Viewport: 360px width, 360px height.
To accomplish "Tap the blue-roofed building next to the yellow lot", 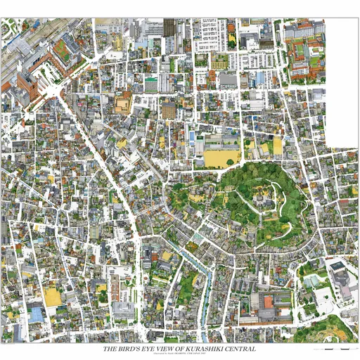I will click(36, 312).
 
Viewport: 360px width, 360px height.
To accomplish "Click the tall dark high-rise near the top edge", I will click(169, 28).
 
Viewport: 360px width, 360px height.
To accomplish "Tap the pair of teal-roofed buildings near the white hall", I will click(313, 281).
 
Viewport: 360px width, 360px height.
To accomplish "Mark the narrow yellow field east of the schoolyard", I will click(277, 146).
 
